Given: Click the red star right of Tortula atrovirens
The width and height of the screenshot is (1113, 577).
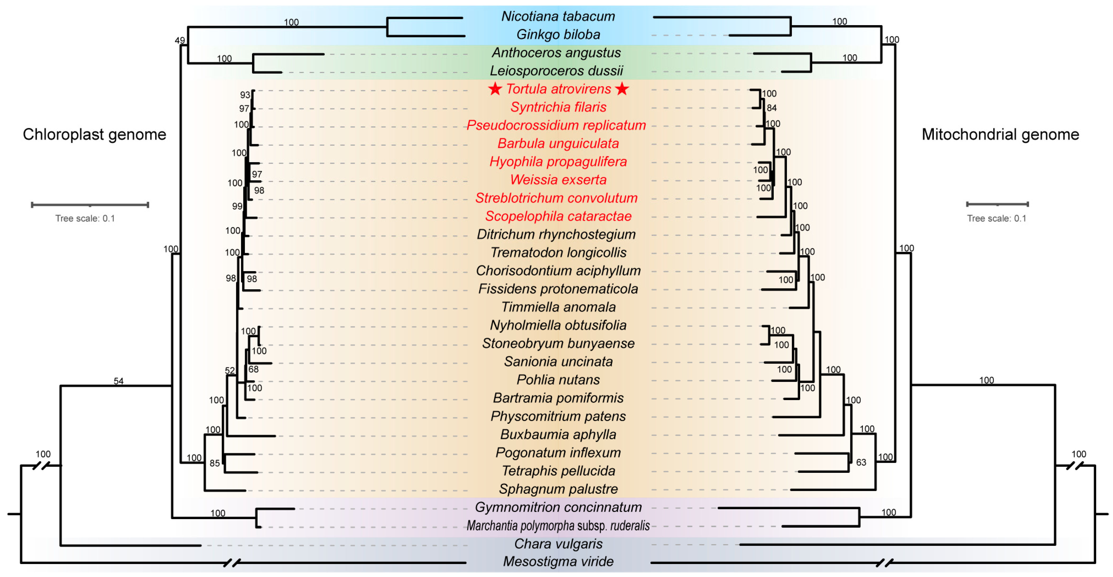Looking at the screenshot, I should [622, 89].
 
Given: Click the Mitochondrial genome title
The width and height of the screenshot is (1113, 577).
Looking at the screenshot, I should [1000, 135].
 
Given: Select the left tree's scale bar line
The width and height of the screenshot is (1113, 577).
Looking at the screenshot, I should [90, 205].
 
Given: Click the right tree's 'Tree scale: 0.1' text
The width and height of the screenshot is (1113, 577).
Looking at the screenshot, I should [996, 218].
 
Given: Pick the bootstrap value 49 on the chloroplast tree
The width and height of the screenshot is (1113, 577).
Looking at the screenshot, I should [180, 41].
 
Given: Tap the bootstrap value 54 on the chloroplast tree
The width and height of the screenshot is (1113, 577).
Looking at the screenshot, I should [118, 381].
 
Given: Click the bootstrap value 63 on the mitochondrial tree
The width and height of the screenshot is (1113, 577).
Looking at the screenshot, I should [861, 462].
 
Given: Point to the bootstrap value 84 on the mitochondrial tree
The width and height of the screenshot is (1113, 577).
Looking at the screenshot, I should [772, 108].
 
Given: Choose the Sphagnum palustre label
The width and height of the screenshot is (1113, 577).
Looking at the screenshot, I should [558, 489].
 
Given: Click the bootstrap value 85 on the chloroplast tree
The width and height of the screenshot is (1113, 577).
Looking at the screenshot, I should [215, 463].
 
